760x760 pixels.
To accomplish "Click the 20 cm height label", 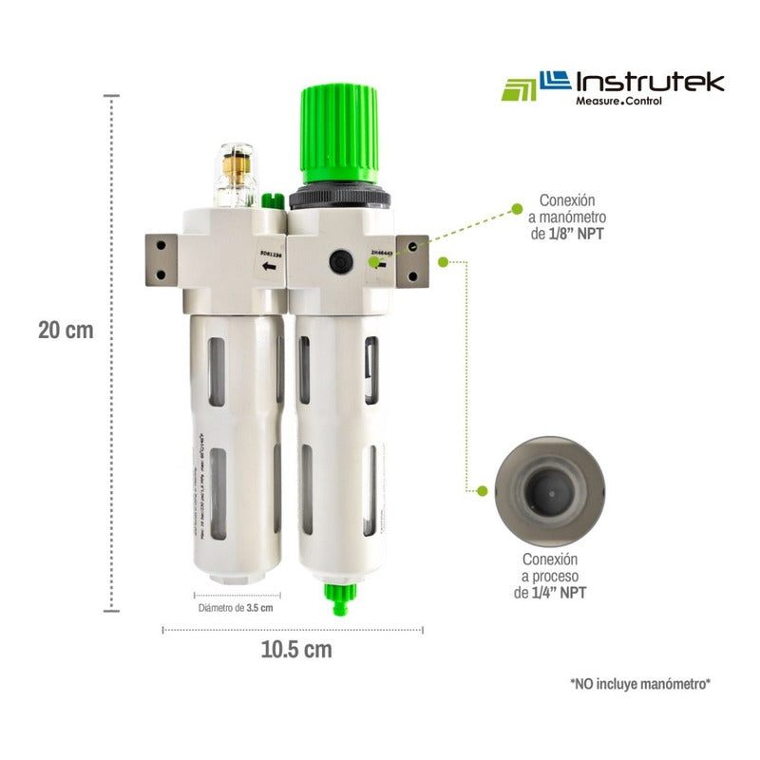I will (x=66, y=331).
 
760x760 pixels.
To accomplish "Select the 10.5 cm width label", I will (x=295, y=650).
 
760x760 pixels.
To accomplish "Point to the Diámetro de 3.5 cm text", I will (x=235, y=608).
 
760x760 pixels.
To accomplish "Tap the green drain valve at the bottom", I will (x=340, y=597).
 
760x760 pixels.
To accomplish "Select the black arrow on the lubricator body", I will (x=270, y=268).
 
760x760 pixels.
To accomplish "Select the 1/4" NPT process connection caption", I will (x=555, y=577).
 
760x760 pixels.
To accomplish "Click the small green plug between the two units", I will (x=272, y=201).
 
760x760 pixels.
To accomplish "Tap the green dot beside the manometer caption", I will (x=516, y=207).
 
